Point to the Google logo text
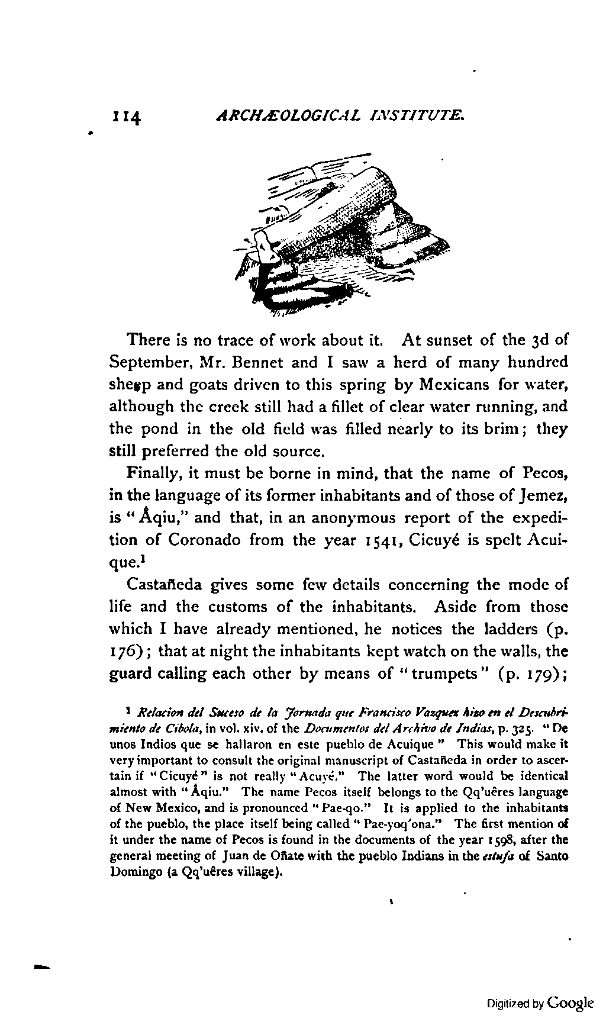click(570, 1003)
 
